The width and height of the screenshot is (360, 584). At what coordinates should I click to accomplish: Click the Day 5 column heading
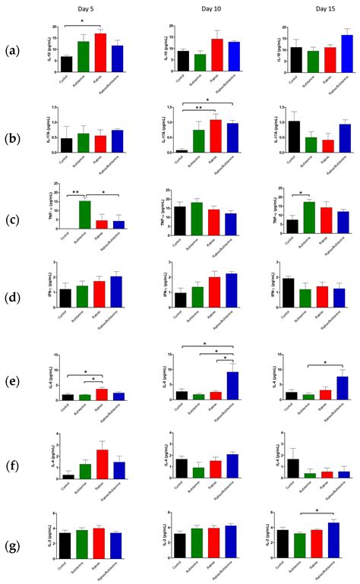point(85,8)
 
